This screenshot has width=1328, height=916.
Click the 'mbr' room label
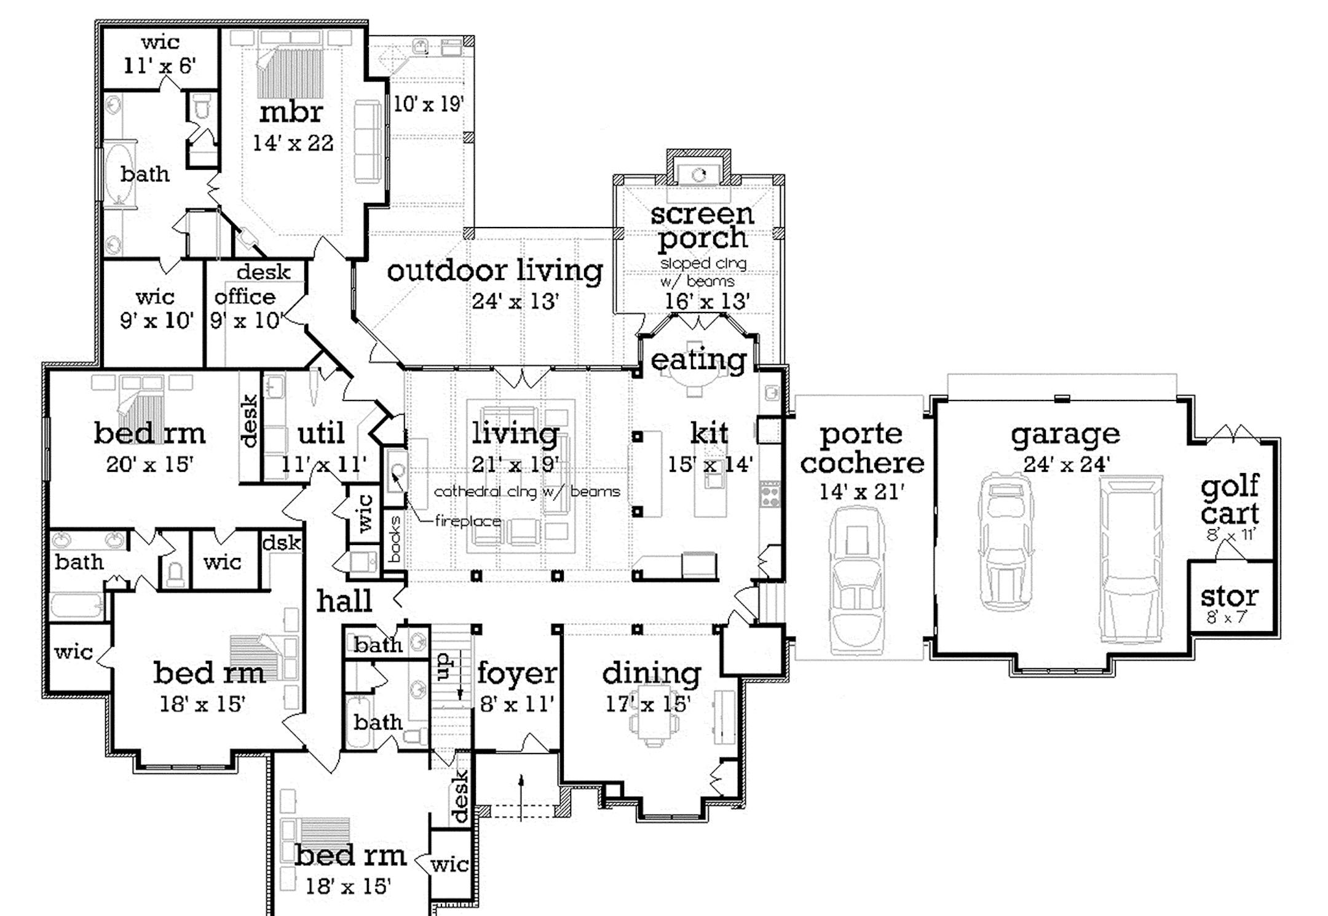291,113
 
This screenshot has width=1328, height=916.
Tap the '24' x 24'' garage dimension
1067,464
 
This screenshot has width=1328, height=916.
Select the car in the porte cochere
856,579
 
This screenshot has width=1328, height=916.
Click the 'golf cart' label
1230,500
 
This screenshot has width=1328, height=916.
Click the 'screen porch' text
702,226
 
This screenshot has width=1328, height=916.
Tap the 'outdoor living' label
495,271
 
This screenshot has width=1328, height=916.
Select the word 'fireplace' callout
467,522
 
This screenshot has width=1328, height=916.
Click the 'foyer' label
516,673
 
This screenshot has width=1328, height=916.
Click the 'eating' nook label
698,360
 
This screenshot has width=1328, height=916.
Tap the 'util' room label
320,434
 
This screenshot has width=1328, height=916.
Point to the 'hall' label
344,602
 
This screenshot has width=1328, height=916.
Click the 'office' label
245,297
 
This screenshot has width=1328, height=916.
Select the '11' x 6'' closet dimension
160,65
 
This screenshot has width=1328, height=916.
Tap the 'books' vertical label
395,539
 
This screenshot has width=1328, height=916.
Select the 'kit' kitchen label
709,434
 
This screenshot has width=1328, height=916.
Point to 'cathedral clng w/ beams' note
527,492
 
